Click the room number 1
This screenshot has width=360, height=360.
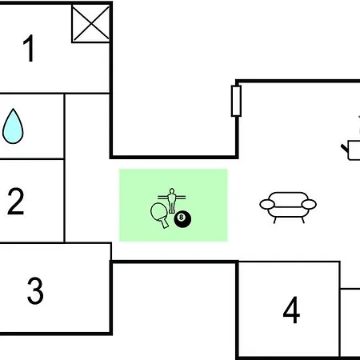pyautogui.click(x=29, y=48)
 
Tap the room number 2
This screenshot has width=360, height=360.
pyautogui.click(x=16, y=201)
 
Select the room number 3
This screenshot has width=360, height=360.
pyautogui.click(x=35, y=290)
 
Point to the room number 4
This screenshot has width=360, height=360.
pyautogui.click(x=291, y=310)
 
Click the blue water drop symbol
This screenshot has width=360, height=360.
pyautogui.click(x=13, y=126)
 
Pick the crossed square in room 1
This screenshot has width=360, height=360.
pyautogui.click(x=91, y=24)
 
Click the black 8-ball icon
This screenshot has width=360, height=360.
pyautogui.click(x=182, y=219)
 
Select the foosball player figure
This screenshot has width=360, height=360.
pyautogui.click(x=172, y=201)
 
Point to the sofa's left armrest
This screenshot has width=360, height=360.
pyautogui.click(x=267, y=205)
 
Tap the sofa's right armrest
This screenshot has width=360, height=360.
pyautogui.click(x=309, y=205)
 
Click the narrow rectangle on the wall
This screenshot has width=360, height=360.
pyautogui.click(x=236, y=101)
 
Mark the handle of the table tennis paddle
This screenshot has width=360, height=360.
pyautogui.click(x=165, y=223)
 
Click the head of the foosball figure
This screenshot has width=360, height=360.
pyautogui.click(x=172, y=191)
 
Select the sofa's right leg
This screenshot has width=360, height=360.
pyautogui.click(x=302, y=220)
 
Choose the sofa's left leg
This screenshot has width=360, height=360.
pyautogui.click(x=274, y=220)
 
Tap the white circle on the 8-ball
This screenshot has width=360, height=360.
pyautogui.click(x=182, y=217)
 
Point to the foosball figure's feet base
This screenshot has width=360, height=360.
pyautogui.click(x=172, y=212)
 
